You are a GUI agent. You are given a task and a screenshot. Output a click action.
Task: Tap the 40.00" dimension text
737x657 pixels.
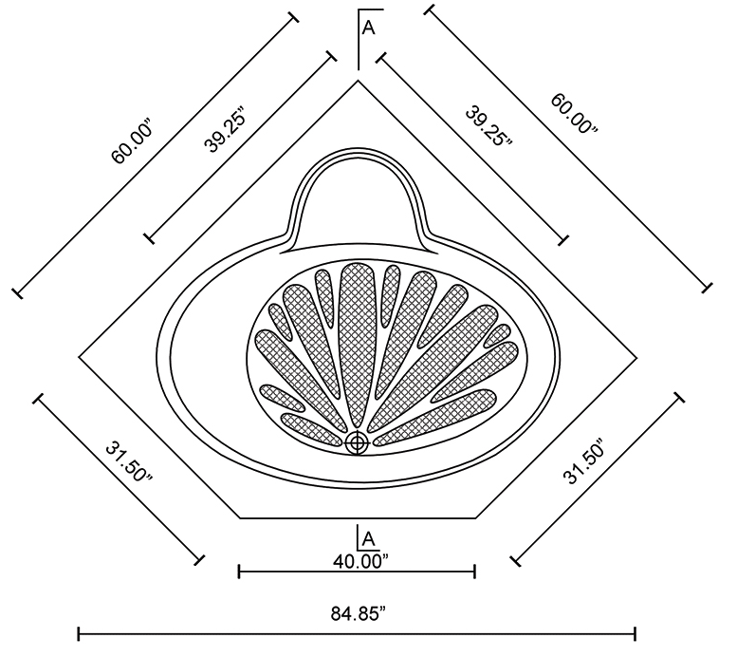[361, 561]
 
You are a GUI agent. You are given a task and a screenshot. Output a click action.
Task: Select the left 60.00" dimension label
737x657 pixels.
[132, 142]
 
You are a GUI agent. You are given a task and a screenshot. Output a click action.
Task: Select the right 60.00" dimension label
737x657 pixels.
[575, 114]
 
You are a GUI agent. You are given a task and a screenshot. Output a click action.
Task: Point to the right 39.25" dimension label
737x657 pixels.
[488, 126]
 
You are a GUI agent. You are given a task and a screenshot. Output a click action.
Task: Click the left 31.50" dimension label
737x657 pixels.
[129, 461]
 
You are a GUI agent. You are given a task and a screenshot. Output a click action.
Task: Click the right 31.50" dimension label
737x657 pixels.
[582, 462]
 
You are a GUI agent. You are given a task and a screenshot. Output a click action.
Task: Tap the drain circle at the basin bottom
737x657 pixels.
[357, 442]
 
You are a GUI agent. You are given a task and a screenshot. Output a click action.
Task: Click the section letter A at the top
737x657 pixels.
[369, 28]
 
